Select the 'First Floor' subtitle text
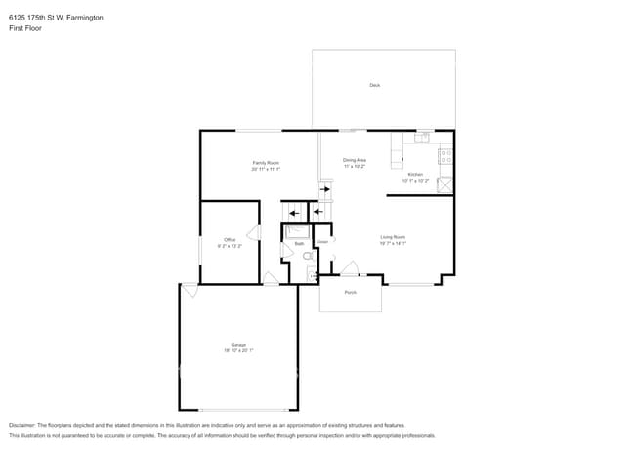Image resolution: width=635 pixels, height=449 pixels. [x=25, y=28]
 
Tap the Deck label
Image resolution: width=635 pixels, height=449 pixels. [x=374, y=86]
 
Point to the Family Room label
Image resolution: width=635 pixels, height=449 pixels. [x=266, y=162]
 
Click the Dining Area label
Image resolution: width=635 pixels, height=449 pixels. [x=354, y=160]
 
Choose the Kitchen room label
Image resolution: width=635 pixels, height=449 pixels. [x=415, y=175]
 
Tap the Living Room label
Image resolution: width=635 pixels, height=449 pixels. [x=393, y=237]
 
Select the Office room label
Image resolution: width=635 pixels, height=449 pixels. [x=230, y=239]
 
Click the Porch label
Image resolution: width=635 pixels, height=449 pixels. [x=350, y=292]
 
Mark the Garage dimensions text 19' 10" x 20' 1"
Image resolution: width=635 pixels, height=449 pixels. [x=238, y=350]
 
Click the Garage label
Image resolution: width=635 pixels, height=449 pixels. [x=238, y=345]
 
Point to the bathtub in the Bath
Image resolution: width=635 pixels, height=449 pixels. [x=296, y=232]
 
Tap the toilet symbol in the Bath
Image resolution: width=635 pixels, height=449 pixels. [x=307, y=256]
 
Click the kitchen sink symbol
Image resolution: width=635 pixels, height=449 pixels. [x=422, y=138]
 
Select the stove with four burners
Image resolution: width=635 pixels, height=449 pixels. [x=445, y=155]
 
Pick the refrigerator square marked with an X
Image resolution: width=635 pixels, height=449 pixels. [x=445, y=184]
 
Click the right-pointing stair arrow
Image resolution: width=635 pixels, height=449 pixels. [x=325, y=190]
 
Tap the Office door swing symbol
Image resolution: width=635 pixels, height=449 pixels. [x=253, y=232]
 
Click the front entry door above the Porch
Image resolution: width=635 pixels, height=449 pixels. [x=348, y=269]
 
